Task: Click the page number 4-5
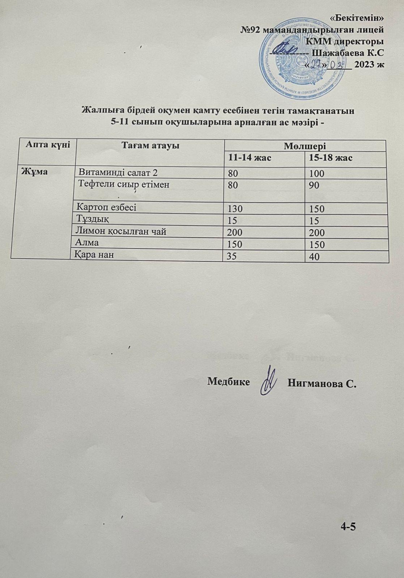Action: [x=348, y=527]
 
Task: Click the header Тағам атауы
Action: [x=150, y=146]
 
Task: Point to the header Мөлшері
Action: [x=305, y=146]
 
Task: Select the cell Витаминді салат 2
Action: [x=118, y=173]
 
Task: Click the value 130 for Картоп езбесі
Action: [x=235, y=209]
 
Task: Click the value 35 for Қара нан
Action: [x=232, y=256]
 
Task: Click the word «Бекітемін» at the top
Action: [x=358, y=17]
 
